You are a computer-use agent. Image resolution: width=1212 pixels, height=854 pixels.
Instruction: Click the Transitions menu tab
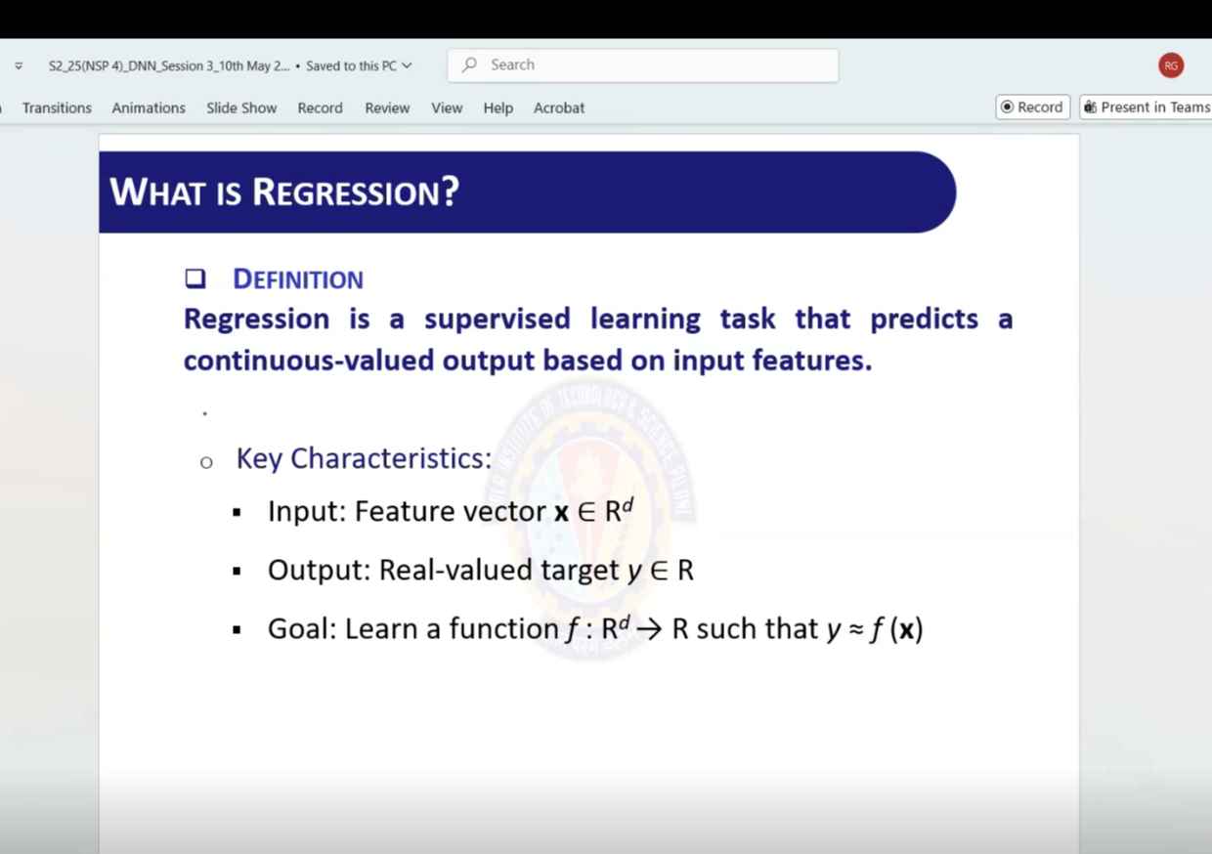pos(57,107)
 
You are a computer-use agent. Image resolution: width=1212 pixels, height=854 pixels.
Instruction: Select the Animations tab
pos(149,107)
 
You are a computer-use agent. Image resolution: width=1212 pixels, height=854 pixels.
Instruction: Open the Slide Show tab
pos(241,107)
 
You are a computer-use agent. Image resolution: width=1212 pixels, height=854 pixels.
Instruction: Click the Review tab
pos(387,107)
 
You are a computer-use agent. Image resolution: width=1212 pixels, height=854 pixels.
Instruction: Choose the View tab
pos(447,107)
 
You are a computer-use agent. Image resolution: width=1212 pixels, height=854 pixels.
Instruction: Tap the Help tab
pos(498,107)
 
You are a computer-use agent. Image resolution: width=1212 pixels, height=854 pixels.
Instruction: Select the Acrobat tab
pos(559,107)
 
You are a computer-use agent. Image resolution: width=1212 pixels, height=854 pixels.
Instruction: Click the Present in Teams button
pos(1146,107)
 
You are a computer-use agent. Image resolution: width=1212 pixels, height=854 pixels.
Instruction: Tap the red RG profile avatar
pos(1171,65)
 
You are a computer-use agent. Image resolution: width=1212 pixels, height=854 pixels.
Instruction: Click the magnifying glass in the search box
pos(469,64)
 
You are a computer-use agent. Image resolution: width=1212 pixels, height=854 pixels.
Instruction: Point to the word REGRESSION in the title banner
pos(356,192)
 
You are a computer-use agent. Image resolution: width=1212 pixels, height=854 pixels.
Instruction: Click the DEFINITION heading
pos(298,279)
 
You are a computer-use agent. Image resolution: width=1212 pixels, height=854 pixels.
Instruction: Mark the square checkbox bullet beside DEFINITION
pos(195,278)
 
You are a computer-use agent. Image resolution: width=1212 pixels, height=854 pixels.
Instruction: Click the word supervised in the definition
pos(498,319)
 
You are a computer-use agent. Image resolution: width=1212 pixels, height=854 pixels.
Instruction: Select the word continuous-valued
pos(309,361)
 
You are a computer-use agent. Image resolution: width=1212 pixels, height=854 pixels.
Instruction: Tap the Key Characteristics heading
pos(365,458)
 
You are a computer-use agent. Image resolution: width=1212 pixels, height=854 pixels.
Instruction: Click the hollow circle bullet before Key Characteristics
pos(206,462)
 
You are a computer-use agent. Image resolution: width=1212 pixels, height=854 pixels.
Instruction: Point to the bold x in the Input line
pos(562,512)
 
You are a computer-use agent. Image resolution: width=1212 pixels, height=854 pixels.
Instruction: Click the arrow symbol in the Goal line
pos(649,629)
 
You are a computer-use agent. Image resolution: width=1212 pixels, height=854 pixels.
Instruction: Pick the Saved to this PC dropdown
pos(360,66)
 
